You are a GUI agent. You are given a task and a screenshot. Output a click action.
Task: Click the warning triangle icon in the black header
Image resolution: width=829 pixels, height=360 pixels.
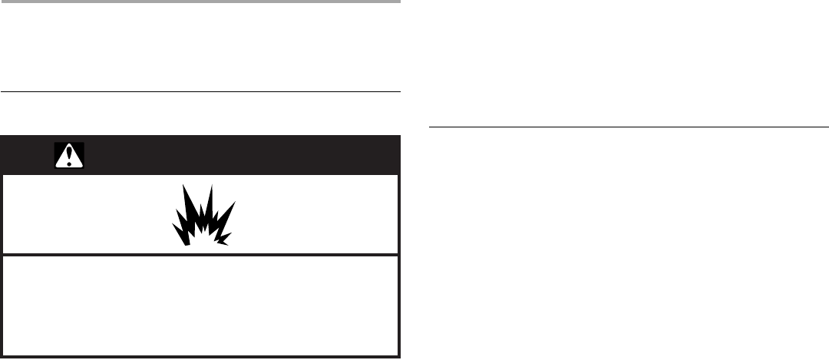pos(69,156)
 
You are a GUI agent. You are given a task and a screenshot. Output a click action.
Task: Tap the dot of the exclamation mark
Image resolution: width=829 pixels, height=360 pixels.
pos(69,163)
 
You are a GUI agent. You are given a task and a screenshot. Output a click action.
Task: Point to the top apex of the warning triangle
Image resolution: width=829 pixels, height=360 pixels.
pos(69,144)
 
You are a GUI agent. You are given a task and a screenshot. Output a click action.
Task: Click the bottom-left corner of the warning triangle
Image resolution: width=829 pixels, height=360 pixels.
pos(56,167)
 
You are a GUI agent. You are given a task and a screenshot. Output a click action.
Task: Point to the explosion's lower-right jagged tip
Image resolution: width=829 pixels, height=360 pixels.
pos(227,244)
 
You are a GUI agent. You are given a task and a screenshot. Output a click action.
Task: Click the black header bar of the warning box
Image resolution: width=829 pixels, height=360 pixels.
pos(230,155)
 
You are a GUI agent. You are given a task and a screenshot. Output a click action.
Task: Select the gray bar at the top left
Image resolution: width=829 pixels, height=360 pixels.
pos(200,2)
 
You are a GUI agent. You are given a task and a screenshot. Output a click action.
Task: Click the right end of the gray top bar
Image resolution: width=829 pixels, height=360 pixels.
pos(399,2)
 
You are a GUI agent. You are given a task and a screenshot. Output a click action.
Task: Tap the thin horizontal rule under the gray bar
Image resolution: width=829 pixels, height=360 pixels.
pos(200,92)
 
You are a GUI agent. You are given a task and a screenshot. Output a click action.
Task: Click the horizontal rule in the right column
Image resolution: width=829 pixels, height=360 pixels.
pos(628,126)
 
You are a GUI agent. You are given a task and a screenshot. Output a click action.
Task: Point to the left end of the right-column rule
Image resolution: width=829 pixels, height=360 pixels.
pos(429,126)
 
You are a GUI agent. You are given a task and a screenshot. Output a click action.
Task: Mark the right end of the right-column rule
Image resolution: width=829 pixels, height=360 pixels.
pos(827,126)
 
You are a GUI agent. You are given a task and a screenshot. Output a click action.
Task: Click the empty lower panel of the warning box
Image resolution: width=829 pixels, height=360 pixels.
pos(200,305)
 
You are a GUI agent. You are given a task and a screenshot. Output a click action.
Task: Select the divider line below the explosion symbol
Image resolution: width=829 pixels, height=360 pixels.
pos(200,255)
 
